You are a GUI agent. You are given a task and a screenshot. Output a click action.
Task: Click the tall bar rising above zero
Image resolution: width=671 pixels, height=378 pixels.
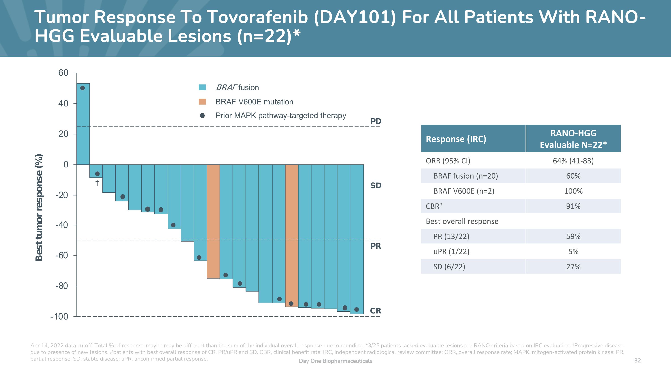[x=83, y=124]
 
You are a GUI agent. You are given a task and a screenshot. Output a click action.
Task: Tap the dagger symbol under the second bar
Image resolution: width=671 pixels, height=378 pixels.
[x=97, y=183]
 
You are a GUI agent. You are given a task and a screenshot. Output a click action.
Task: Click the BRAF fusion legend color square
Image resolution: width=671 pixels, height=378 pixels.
[x=202, y=87]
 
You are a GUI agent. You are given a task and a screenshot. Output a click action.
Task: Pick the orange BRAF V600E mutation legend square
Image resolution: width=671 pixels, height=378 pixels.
[x=202, y=102]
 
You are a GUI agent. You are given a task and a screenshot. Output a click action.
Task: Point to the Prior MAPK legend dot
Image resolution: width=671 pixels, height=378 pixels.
[x=202, y=116]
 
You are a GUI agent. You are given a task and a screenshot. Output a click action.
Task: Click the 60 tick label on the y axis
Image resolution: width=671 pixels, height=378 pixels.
[x=63, y=73]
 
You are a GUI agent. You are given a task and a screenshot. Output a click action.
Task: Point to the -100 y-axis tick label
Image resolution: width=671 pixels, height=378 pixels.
[x=59, y=316]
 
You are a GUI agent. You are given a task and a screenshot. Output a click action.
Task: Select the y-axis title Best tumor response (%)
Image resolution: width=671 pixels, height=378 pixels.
[x=39, y=207]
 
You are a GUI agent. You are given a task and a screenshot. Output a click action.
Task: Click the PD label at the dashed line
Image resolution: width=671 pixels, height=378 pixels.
[x=376, y=121]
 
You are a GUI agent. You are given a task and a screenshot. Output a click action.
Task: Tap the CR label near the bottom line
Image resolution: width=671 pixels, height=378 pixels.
[x=375, y=311]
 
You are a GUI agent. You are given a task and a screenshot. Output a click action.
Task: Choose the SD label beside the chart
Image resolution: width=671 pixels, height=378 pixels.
[x=376, y=186]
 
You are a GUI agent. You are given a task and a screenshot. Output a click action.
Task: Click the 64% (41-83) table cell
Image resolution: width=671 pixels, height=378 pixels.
[x=573, y=161]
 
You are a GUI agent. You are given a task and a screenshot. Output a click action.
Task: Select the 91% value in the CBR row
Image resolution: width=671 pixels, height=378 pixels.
[x=573, y=206]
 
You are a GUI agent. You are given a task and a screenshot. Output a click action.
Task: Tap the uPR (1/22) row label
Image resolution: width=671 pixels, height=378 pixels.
[x=451, y=251]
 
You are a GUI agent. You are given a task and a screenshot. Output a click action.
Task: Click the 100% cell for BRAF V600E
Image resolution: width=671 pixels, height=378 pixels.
[x=573, y=191]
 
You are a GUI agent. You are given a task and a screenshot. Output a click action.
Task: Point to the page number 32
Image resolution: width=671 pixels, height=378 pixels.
[x=637, y=360]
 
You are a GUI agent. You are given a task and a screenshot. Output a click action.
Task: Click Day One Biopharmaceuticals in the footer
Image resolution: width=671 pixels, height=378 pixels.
[x=335, y=361]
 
